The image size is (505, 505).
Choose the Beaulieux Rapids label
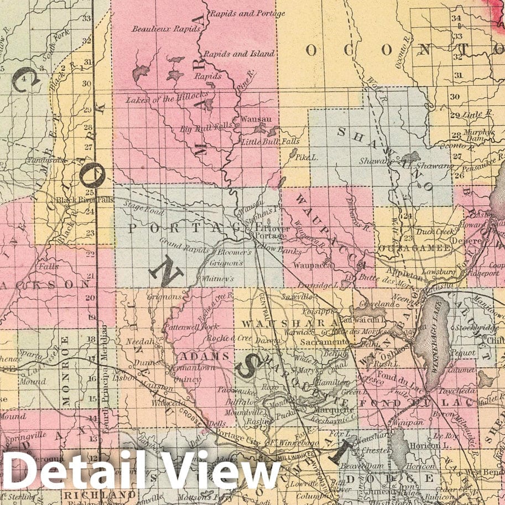161,28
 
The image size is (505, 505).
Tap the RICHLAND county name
100,494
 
